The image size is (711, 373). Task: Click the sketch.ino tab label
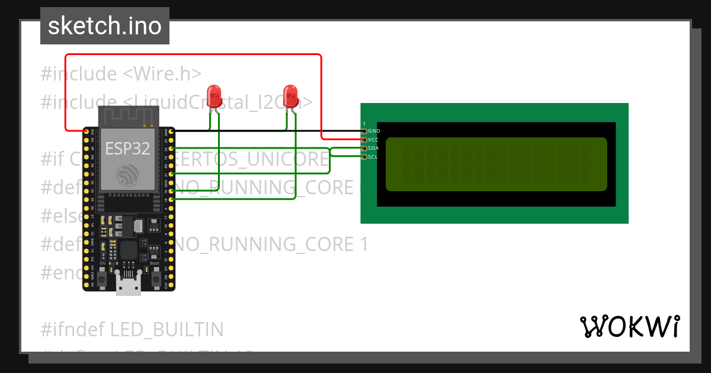click(x=104, y=26)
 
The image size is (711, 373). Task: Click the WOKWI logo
click(x=629, y=326)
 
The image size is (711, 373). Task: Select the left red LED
click(x=214, y=95)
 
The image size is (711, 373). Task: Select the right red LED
click(x=290, y=95)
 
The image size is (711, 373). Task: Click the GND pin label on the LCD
click(x=373, y=131)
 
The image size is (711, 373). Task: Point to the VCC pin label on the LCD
click(x=373, y=140)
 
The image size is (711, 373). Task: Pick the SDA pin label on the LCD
click(x=373, y=148)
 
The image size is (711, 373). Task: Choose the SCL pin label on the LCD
click(x=373, y=157)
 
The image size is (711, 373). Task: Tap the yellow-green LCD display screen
click(x=497, y=164)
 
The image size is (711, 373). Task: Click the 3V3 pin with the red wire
click(x=87, y=131)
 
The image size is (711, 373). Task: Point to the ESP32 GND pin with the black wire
click(x=171, y=131)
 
